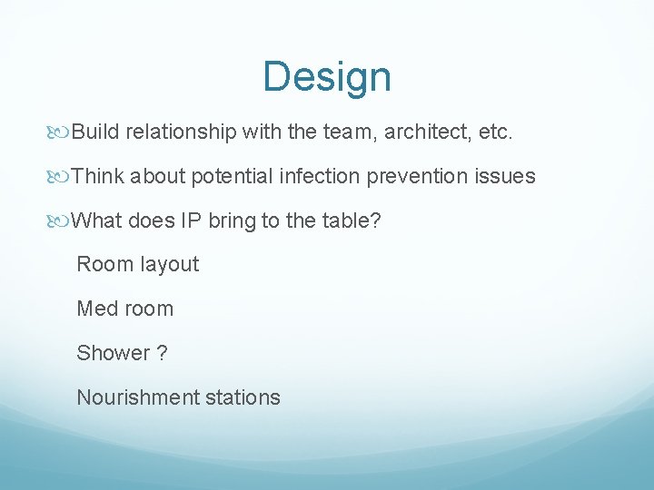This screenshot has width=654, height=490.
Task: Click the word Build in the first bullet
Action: (96, 132)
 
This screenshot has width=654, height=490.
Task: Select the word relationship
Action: (182, 132)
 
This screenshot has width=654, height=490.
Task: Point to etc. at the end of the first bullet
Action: (496, 132)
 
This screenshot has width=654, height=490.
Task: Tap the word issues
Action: (505, 176)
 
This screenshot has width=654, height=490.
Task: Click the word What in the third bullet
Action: (97, 220)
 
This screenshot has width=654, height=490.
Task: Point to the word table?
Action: (355, 220)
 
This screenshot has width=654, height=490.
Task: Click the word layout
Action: (169, 264)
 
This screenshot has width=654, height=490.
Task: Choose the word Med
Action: (96, 309)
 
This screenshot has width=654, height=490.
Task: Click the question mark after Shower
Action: (163, 353)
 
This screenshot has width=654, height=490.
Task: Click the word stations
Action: (243, 397)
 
